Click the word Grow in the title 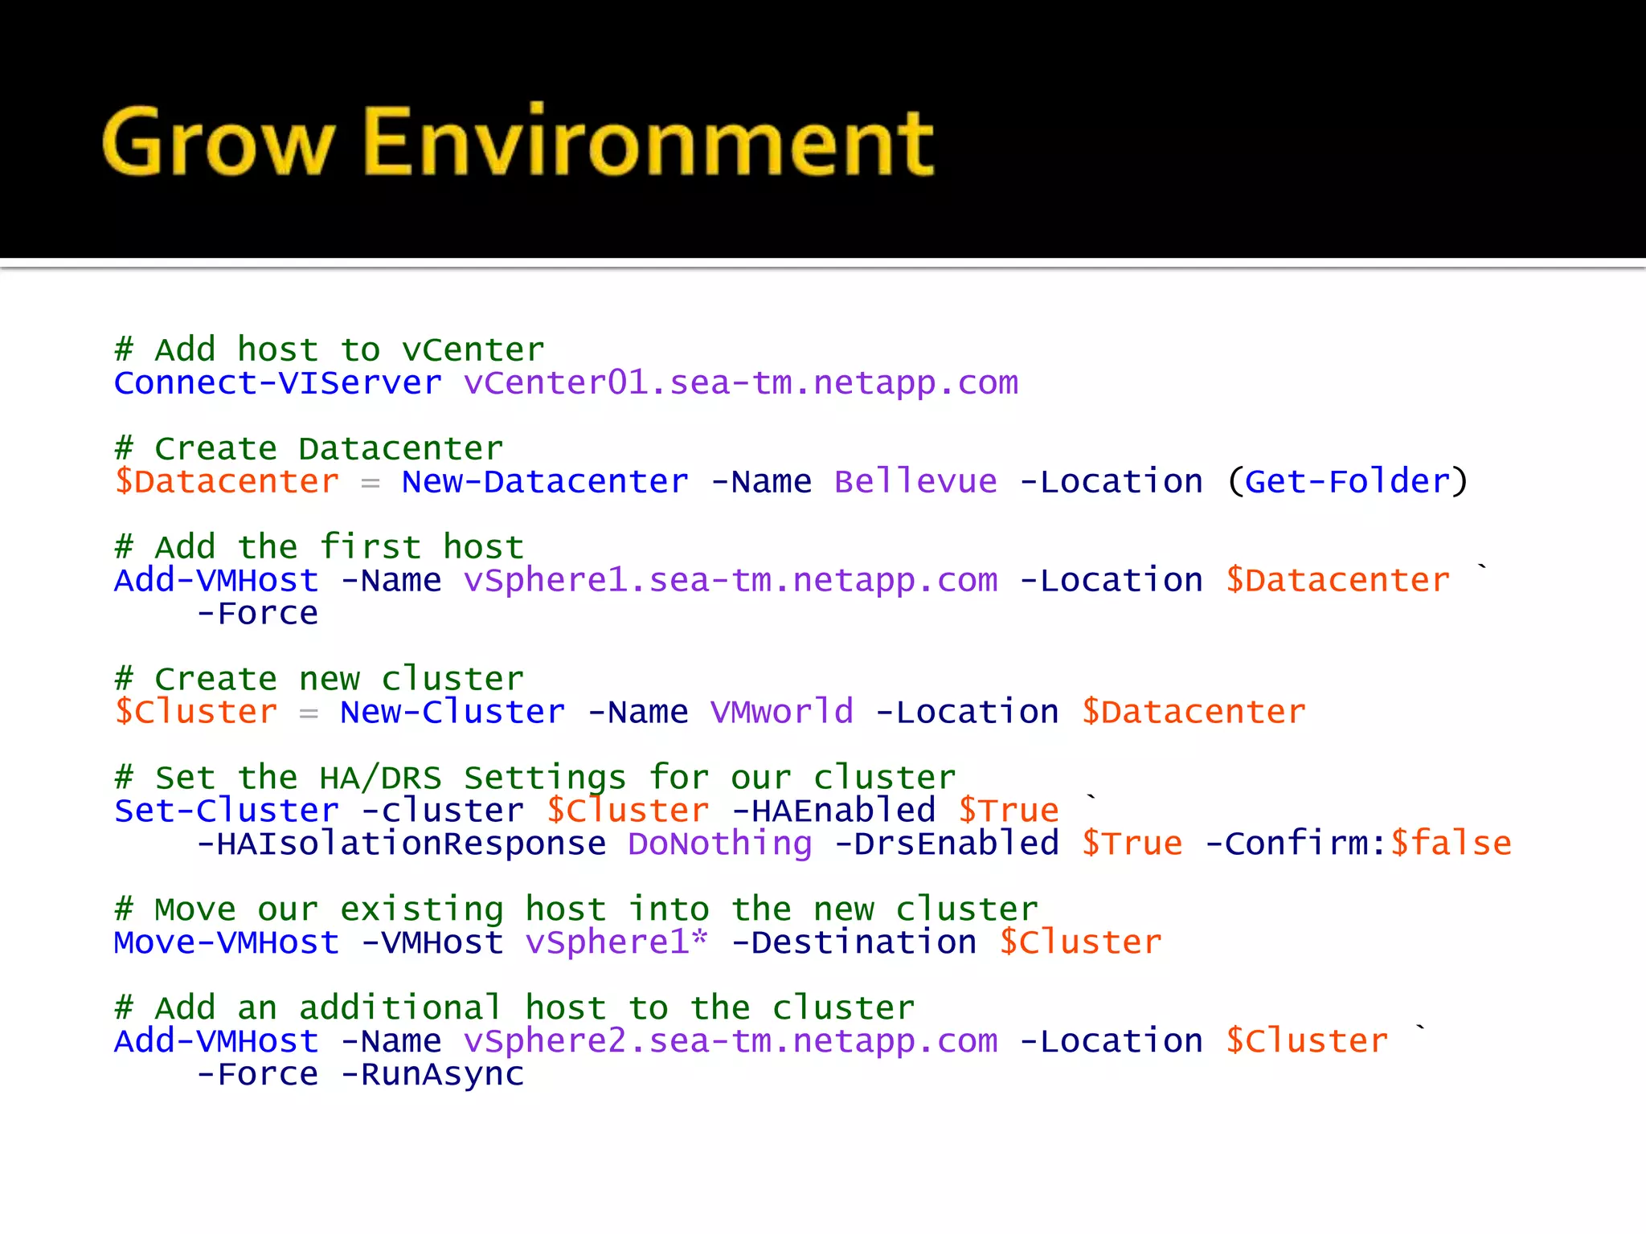coord(217,143)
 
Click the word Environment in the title coord(649,143)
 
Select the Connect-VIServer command coord(277,383)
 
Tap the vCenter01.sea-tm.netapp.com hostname coord(740,383)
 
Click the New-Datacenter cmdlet coord(545,482)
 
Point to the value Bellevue coord(915,482)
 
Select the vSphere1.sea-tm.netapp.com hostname coord(731,581)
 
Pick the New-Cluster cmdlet coord(452,713)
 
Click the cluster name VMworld coord(781,713)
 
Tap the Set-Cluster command coord(226,811)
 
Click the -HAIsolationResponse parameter coord(402,844)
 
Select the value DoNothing coord(720,844)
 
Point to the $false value coord(1451,844)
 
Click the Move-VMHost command coord(226,943)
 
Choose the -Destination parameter coord(854,943)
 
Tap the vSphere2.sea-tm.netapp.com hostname coord(731,1042)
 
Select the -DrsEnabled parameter coord(947,844)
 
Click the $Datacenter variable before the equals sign coord(227,482)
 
